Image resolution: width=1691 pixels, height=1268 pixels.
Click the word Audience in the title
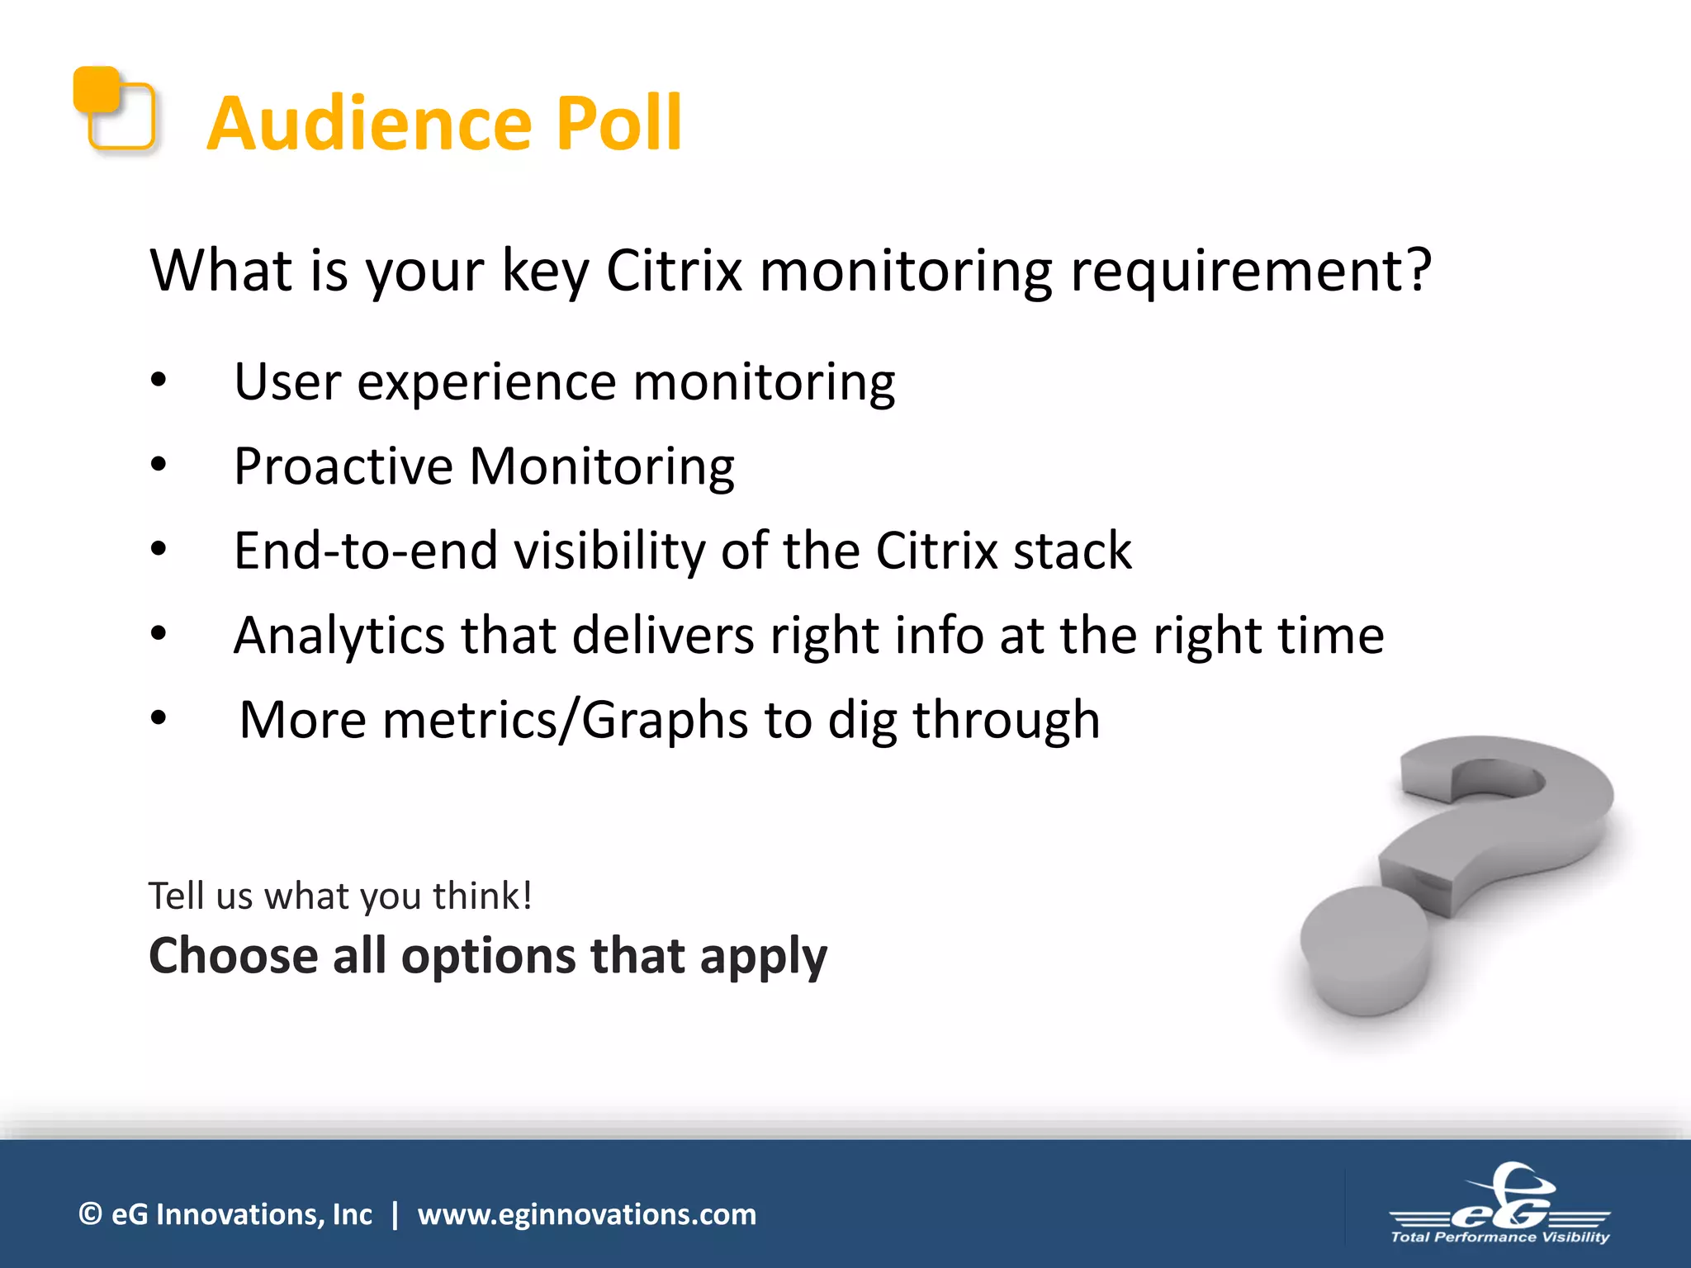pyautogui.click(x=370, y=124)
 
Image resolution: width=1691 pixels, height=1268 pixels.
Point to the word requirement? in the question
pyautogui.click(x=1250, y=272)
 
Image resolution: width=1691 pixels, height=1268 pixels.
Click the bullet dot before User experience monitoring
pyautogui.click(x=159, y=381)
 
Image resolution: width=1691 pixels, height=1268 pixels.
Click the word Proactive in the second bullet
pyautogui.click(x=343, y=466)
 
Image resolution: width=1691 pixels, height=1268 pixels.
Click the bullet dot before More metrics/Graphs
pyautogui.click(x=159, y=719)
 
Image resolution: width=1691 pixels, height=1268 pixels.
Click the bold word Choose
pyautogui.click(x=234, y=956)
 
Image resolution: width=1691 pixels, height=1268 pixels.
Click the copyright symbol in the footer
pyautogui.click(x=90, y=1214)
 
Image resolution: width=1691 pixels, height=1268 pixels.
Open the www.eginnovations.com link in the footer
pyautogui.click(x=586, y=1214)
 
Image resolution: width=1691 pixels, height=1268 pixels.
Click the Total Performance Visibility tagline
pyautogui.click(x=1499, y=1237)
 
